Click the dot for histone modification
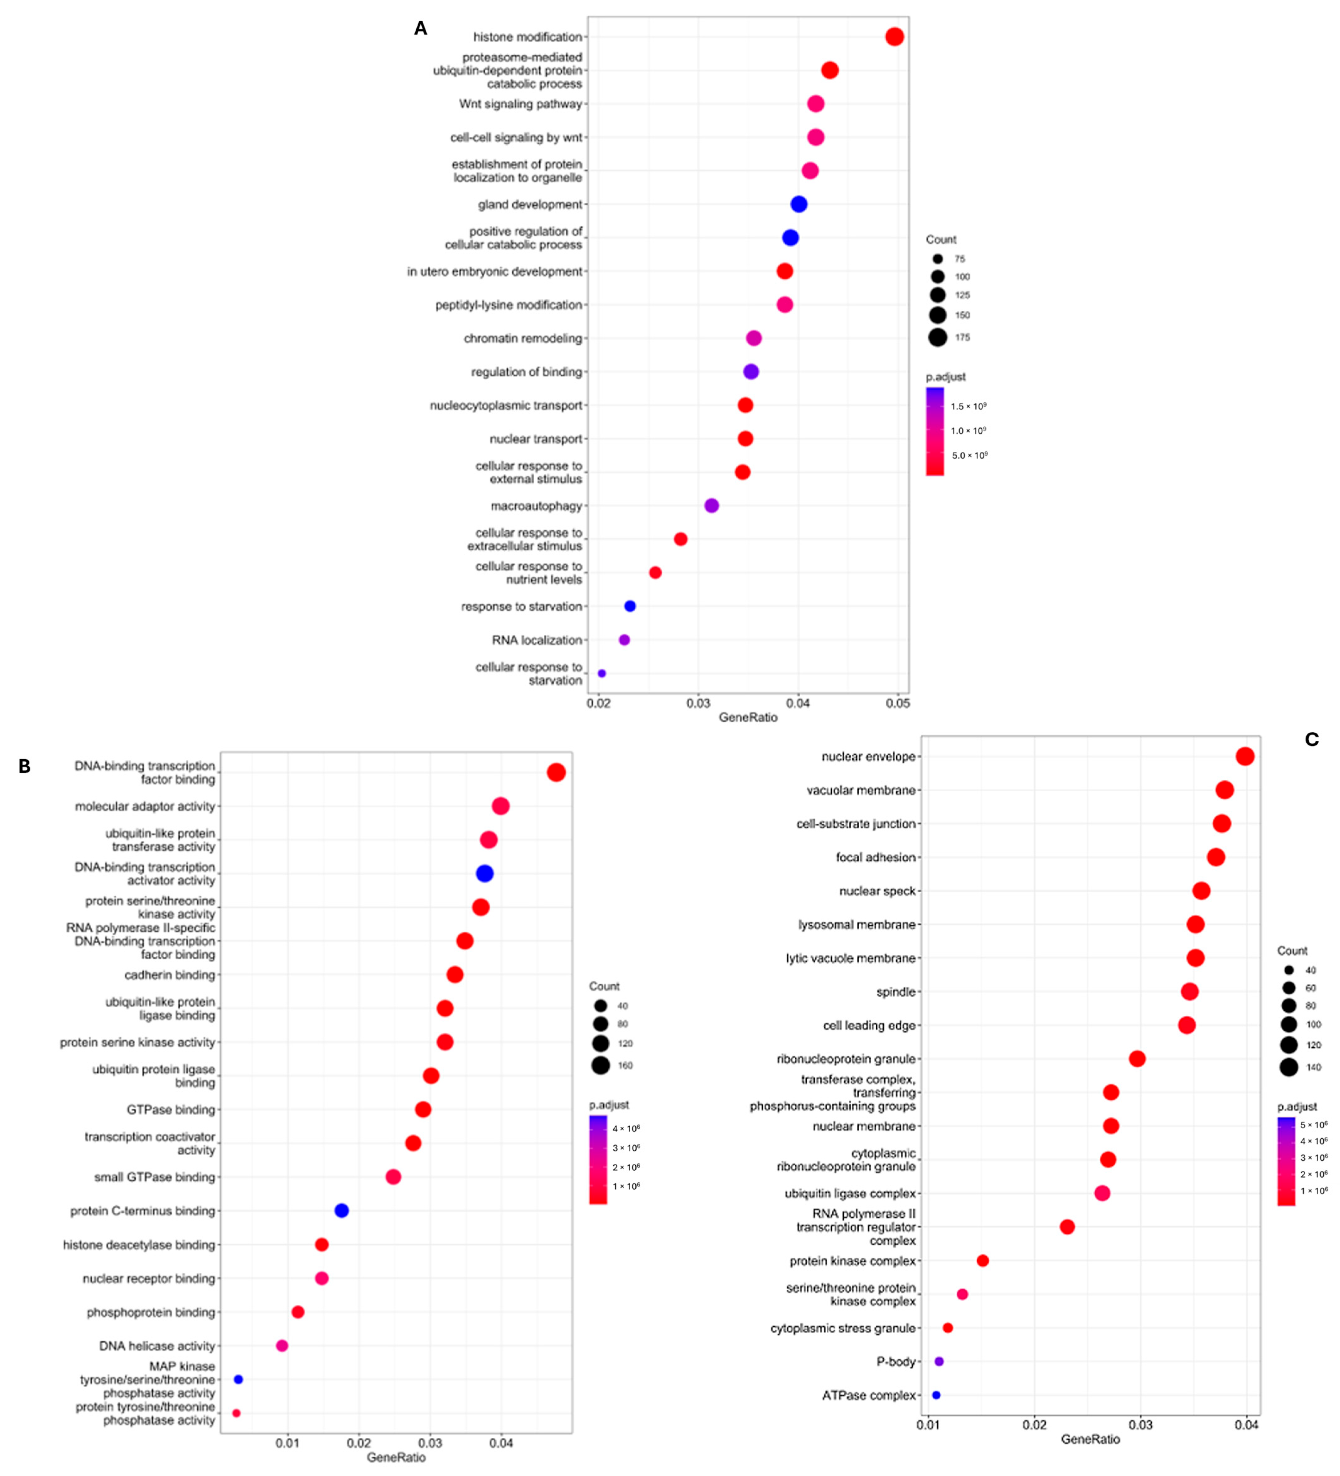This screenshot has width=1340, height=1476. pyautogui.click(x=894, y=37)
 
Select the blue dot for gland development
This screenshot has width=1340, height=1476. pyautogui.click(x=799, y=204)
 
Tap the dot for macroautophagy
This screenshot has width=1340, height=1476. pyautogui.click(x=711, y=505)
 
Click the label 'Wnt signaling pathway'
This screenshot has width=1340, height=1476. pyautogui.click(x=521, y=104)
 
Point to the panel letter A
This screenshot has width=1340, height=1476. pyautogui.click(x=420, y=29)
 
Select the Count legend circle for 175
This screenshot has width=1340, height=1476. pyautogui.click(x=937, y=338)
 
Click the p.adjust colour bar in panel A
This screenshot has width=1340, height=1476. pyautogui.click(x=934, y=431)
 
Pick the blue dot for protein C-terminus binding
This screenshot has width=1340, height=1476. pyautogui.click(x=341, y=1210)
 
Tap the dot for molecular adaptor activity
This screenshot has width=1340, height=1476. pyautogui.click(x=500, y=806)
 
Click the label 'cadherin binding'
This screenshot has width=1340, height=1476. pyautogui.click(x=170, y=975)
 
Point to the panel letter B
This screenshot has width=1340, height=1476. pyautogui.click(x=24, y=767)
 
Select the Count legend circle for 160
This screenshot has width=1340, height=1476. pyautogui.click(x=601, y=1065)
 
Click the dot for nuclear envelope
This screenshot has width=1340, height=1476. pyautogui.click(x=1245, y=756)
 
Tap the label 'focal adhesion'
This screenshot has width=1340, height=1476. pyautogui.click(x=876, y=857)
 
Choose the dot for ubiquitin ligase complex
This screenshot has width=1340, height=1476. pyautogui.click(x=1102, y=1193)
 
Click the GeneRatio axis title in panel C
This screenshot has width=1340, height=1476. pyautogui.click(x=1090, y=1439)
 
